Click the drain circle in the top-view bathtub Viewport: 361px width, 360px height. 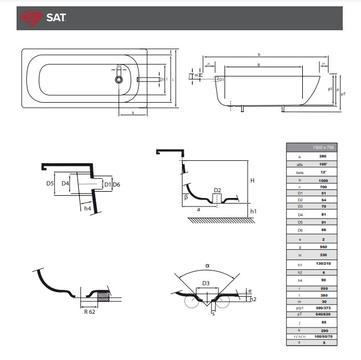(x=119, y=79)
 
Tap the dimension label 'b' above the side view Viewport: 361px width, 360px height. (x=259, y=55)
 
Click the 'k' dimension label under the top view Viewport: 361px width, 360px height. (x=133, y=113)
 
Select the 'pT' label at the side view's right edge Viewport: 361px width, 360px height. (x=343, y=94)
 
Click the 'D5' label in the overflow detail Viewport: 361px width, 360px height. (x=50, y=184)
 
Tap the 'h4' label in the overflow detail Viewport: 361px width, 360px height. (x=87, y=209)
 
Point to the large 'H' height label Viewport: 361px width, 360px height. (x=252, y=180)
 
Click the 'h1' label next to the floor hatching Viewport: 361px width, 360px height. (x=254, y=212)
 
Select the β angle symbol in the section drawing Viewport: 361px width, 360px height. (x=186, y=197)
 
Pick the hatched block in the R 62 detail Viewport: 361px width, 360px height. (x=103, y=296)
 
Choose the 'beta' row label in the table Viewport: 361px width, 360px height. (x=299, y=172)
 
